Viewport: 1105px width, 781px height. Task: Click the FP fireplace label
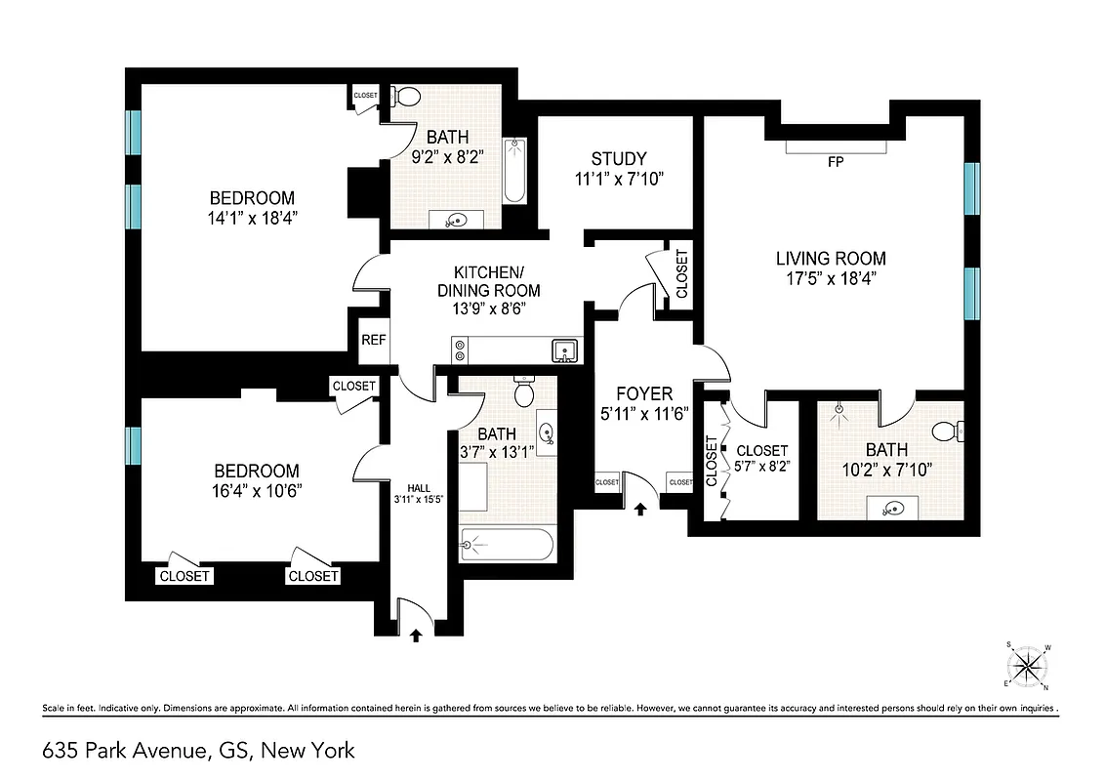pos(836,163)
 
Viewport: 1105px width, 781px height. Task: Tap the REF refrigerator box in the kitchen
pos(373,341)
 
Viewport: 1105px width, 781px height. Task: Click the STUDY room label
pos(618,159)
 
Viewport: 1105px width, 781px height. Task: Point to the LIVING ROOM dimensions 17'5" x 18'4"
pos(831,277)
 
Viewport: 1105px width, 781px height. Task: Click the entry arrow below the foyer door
pos(640,509)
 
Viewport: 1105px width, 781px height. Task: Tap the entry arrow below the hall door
pos(416,635)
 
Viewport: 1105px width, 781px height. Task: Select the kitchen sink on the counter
pos(564,349)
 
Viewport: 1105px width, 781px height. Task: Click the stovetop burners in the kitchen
pos(461,349)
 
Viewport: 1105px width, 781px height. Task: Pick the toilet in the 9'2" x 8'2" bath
pos(408,97)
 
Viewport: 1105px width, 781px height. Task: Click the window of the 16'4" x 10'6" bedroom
pos(133,446)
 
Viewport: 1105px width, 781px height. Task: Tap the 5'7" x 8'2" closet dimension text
pos(762,467)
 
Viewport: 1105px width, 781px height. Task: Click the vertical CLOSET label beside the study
pos(681,274)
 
